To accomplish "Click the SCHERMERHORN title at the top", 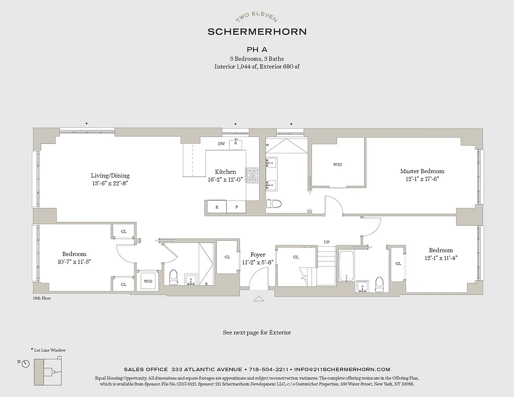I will tap(257, 31).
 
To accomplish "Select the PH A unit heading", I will tap(257, 50).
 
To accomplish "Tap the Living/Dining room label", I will tap(110, 175).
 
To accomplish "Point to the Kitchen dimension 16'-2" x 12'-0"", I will tap(225, 180).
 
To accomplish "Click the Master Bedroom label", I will tap(422, 171).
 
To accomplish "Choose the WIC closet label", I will tap(337, 165).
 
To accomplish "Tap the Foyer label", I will tap(257, 255).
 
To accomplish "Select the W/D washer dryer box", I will tap(148, 281).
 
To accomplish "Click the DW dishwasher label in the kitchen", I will tap(221, 144).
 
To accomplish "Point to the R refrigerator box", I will tap(216, 207).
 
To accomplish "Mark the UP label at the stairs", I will tap(326, 242).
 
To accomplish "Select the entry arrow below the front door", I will tap(258, 299).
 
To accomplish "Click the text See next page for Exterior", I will tap(257, 332).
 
